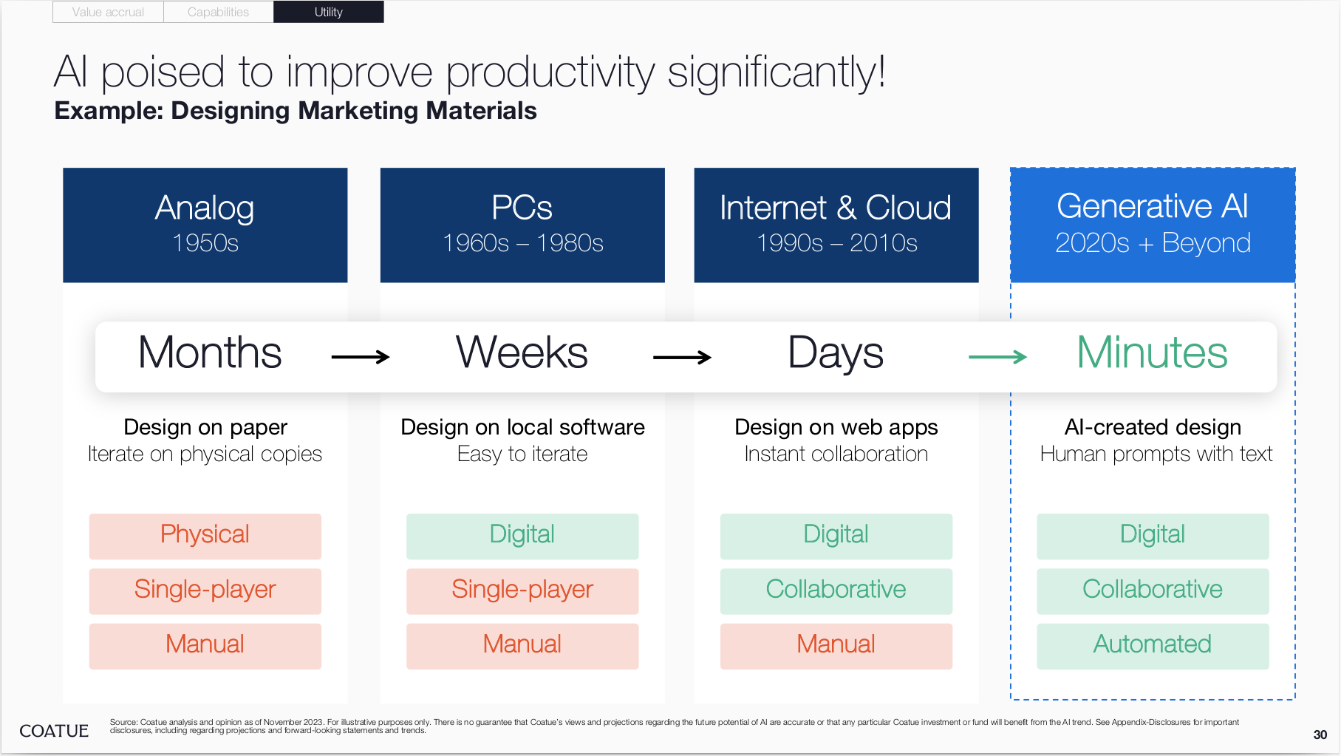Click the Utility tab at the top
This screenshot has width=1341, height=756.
tap(329, 12)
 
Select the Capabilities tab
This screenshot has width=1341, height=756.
tap(218, 12)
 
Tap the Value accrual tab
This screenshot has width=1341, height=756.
tap(108, 12)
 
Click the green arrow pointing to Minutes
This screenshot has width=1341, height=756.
tap(997, 357)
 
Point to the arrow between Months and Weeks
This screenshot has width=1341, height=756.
tap(361, 357)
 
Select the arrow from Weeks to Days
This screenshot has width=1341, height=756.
tap(682, 357)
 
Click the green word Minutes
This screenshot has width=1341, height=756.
tap(1152, 353)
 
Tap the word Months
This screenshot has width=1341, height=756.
tap(210, 353)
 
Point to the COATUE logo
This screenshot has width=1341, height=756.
tap(54, 731)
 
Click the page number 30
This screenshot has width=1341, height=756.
tap(1320, 735)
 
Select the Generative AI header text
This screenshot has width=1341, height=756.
tap(1153, 206)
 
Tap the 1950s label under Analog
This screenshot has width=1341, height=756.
tap(205, 243)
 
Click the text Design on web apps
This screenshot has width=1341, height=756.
tap(836, 427)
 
